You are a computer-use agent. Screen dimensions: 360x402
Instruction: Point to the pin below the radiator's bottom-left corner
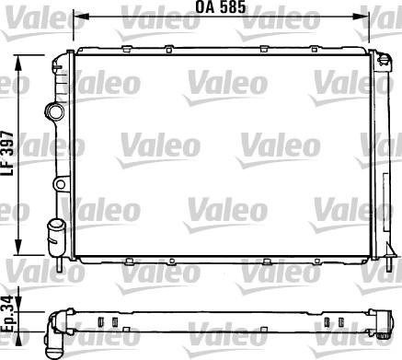pos(60,262)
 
